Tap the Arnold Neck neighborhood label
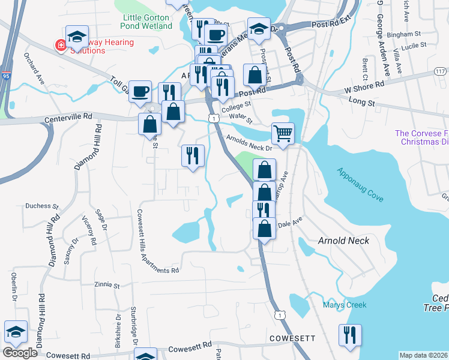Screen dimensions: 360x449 pos(343,241)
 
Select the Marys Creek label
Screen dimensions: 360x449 pos(344,305)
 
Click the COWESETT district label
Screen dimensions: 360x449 pos(292,338)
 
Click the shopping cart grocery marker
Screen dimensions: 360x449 pos(283,133)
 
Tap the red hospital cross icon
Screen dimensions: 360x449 pos(61,46)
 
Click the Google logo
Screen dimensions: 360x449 pos(20,353)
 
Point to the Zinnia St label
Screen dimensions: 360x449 pos(107,284)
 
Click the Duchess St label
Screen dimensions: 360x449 pos(38,206)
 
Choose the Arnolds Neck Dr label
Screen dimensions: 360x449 pos(250,142)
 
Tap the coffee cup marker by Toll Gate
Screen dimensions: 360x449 pos(140,91)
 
